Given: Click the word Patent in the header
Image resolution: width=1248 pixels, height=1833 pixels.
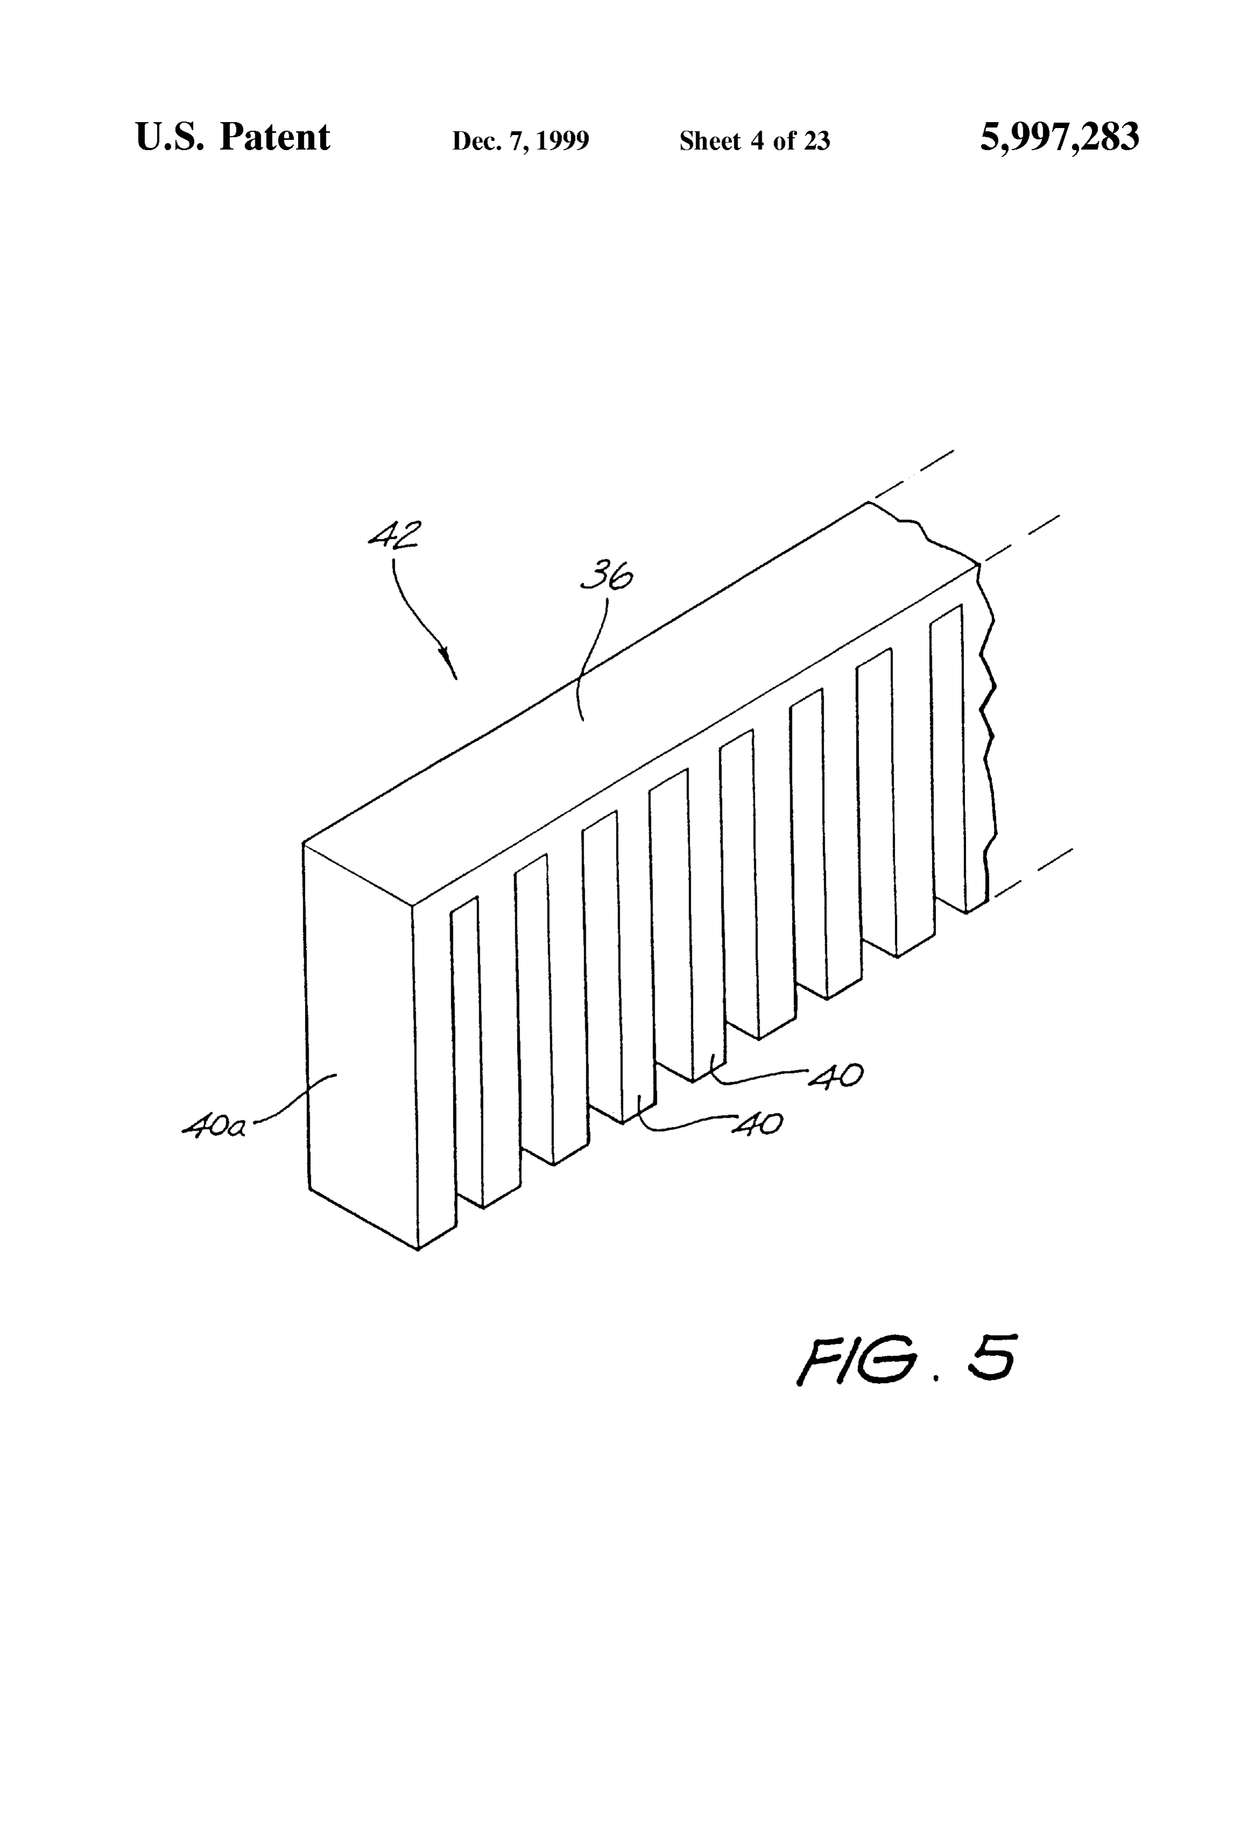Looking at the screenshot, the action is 274,137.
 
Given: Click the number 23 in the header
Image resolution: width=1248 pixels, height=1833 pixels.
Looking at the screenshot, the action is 817,141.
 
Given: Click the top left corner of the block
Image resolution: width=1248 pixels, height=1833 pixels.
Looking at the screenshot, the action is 304,844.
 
